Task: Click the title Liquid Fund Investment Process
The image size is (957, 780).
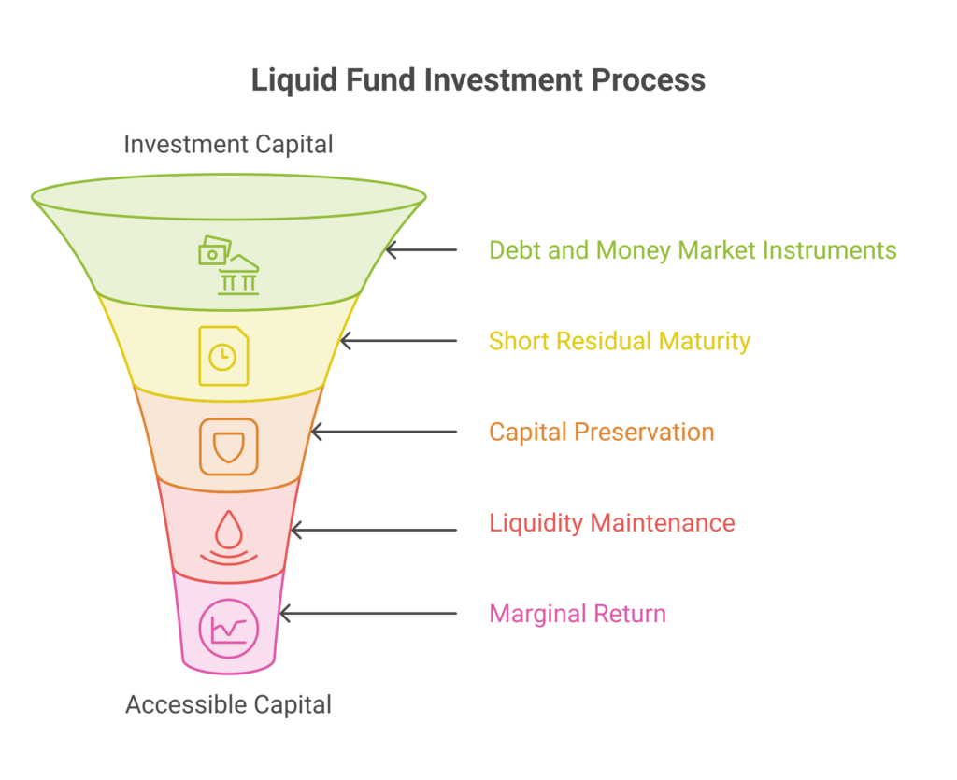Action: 478,80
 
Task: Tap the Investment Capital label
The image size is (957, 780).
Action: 228,145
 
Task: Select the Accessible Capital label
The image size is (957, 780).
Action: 228,705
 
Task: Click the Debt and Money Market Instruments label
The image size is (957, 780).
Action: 693,250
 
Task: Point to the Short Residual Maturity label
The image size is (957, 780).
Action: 620,342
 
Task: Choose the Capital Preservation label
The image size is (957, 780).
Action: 601,433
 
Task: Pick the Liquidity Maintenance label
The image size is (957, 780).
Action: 611,523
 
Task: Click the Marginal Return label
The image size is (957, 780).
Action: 578,614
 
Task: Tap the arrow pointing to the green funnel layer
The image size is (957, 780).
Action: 421,250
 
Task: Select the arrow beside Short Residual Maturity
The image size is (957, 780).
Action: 398,341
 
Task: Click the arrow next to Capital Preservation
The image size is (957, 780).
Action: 384,432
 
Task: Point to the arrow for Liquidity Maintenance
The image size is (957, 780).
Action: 374,531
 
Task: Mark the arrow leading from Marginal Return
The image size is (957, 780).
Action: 368,614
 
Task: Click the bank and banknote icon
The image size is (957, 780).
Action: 229,266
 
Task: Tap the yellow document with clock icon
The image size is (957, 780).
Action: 223,356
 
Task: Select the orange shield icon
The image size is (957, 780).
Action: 229,447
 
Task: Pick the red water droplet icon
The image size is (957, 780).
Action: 229,537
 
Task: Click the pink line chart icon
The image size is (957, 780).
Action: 229,629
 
